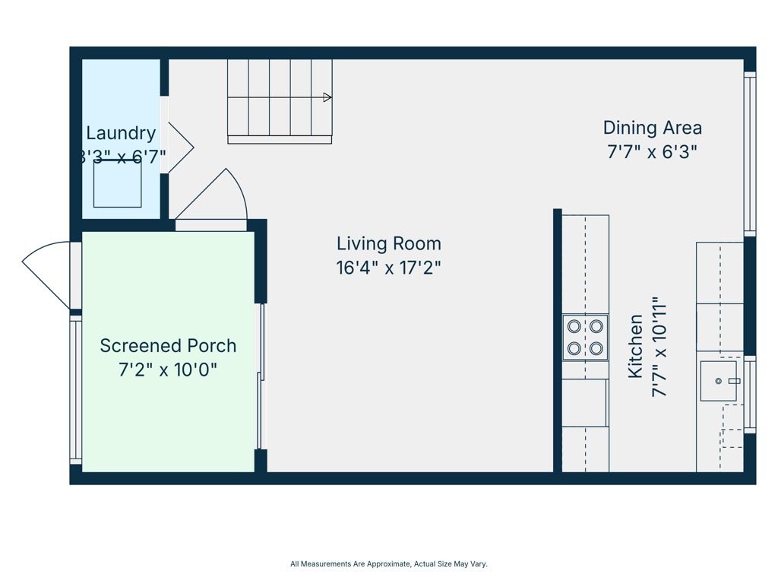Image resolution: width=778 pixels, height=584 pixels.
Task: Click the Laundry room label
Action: pos(121,133)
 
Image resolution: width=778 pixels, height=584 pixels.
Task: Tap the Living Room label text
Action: pos(388,244)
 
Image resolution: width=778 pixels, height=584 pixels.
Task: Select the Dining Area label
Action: pos(652,128)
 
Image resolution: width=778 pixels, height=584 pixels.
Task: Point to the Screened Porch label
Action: pos(168,346)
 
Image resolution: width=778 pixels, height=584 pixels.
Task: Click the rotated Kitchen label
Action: pos(635,347)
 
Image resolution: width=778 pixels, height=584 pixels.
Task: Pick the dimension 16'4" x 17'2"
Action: pos(388,268)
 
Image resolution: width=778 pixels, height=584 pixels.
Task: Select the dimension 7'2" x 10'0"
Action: pos(168,370)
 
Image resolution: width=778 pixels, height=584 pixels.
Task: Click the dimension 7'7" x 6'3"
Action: pos(652,152)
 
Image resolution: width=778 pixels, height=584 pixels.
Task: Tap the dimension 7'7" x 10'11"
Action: pos(659,347)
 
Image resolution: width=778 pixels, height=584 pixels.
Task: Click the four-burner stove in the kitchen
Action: pos(585,338)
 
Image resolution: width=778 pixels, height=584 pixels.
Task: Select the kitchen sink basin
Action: pos(719,381)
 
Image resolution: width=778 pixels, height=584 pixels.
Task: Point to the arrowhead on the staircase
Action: pos(327,97)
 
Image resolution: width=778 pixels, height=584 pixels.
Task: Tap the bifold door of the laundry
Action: pos(179,147)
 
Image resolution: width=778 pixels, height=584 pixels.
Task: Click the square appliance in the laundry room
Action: pos(118,184)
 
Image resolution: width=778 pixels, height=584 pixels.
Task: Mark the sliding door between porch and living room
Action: pos(261,376)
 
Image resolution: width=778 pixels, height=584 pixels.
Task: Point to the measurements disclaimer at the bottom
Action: pos(388,564)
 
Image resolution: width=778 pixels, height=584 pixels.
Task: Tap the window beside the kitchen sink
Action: pos(750,395)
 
